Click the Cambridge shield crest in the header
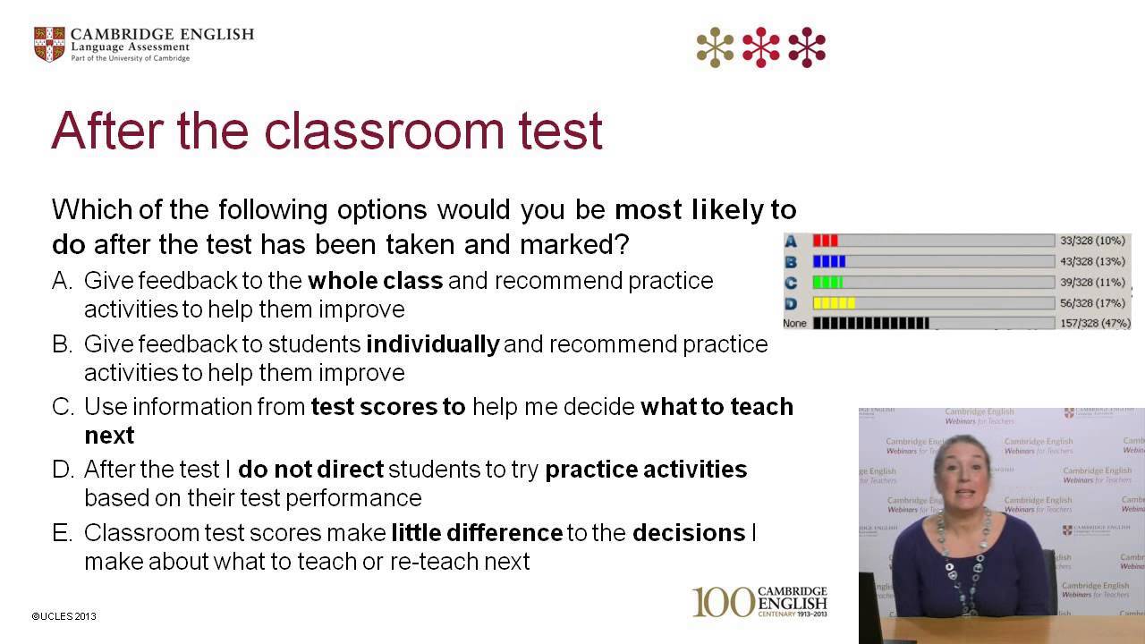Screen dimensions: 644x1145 click(49, 44)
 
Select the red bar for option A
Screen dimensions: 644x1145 click(825, 241)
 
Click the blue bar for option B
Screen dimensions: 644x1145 click(828, 262)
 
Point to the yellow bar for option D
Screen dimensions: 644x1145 click(834, 303)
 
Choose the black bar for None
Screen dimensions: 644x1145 click(870, 323)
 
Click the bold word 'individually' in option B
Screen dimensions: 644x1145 click(433, 344)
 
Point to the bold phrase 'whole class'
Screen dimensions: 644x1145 click(376, 281)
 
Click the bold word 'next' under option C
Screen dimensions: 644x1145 click(109, 436)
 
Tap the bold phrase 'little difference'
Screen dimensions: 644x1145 click(477, 533)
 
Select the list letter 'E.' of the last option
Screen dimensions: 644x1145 click(63, 533)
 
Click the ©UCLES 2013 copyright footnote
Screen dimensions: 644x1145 click(64, 616)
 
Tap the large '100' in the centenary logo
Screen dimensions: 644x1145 click(723, 602)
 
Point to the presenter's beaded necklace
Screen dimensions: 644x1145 click(963, 555)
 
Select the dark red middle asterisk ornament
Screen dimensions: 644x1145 click(760, 47)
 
